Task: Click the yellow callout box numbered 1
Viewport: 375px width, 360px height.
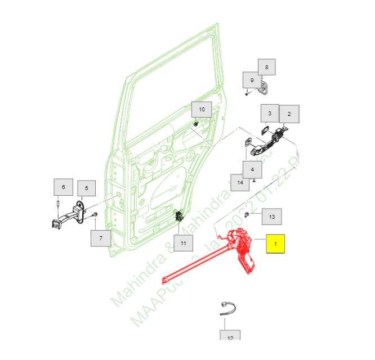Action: (275, 244)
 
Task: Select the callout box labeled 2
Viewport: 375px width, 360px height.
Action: (289, 114)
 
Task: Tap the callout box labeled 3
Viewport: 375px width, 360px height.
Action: (270, 114)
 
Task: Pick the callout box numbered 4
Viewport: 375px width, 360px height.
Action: (252, 169)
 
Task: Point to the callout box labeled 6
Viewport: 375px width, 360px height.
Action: (63, 187)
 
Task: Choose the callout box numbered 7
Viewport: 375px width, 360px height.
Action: (101, 238)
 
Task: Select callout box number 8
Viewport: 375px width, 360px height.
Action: (267, 67)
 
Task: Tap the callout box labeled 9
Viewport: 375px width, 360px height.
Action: (252, 80)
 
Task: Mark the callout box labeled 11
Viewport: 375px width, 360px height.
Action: (183, 244)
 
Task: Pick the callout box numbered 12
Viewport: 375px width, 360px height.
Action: (230, 337)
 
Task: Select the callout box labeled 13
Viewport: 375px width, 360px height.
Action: (272, 217)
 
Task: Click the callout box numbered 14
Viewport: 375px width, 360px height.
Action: (240, 182)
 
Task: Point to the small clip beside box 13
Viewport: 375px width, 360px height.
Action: (254, 214)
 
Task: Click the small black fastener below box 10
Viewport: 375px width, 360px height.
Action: (195, 124)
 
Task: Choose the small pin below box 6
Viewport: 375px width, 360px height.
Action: (58, 203)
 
